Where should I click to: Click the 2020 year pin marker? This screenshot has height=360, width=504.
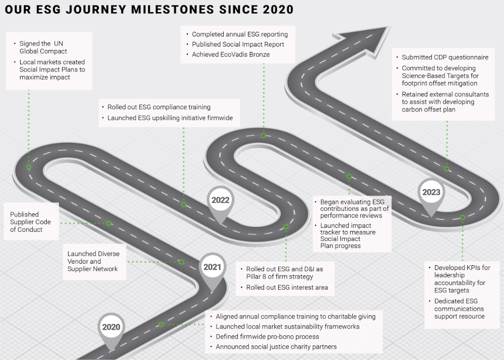click(111, 328)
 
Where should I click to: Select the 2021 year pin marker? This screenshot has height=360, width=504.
click(212, 268)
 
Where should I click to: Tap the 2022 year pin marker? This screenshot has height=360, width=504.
click(220, 201)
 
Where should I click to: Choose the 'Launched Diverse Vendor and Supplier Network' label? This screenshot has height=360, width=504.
click(93, 261)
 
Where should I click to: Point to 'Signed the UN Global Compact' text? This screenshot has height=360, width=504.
click(43, 47)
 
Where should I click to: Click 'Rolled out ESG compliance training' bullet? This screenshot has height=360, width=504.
click(159, 107)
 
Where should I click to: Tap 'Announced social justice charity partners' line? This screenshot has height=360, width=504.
click(276, 346)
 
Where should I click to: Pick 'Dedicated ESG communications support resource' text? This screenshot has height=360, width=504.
click(459, 309)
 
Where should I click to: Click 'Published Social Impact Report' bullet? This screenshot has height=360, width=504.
click(238, 44)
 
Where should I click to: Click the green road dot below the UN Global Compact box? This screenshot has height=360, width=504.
click(29, 167)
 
